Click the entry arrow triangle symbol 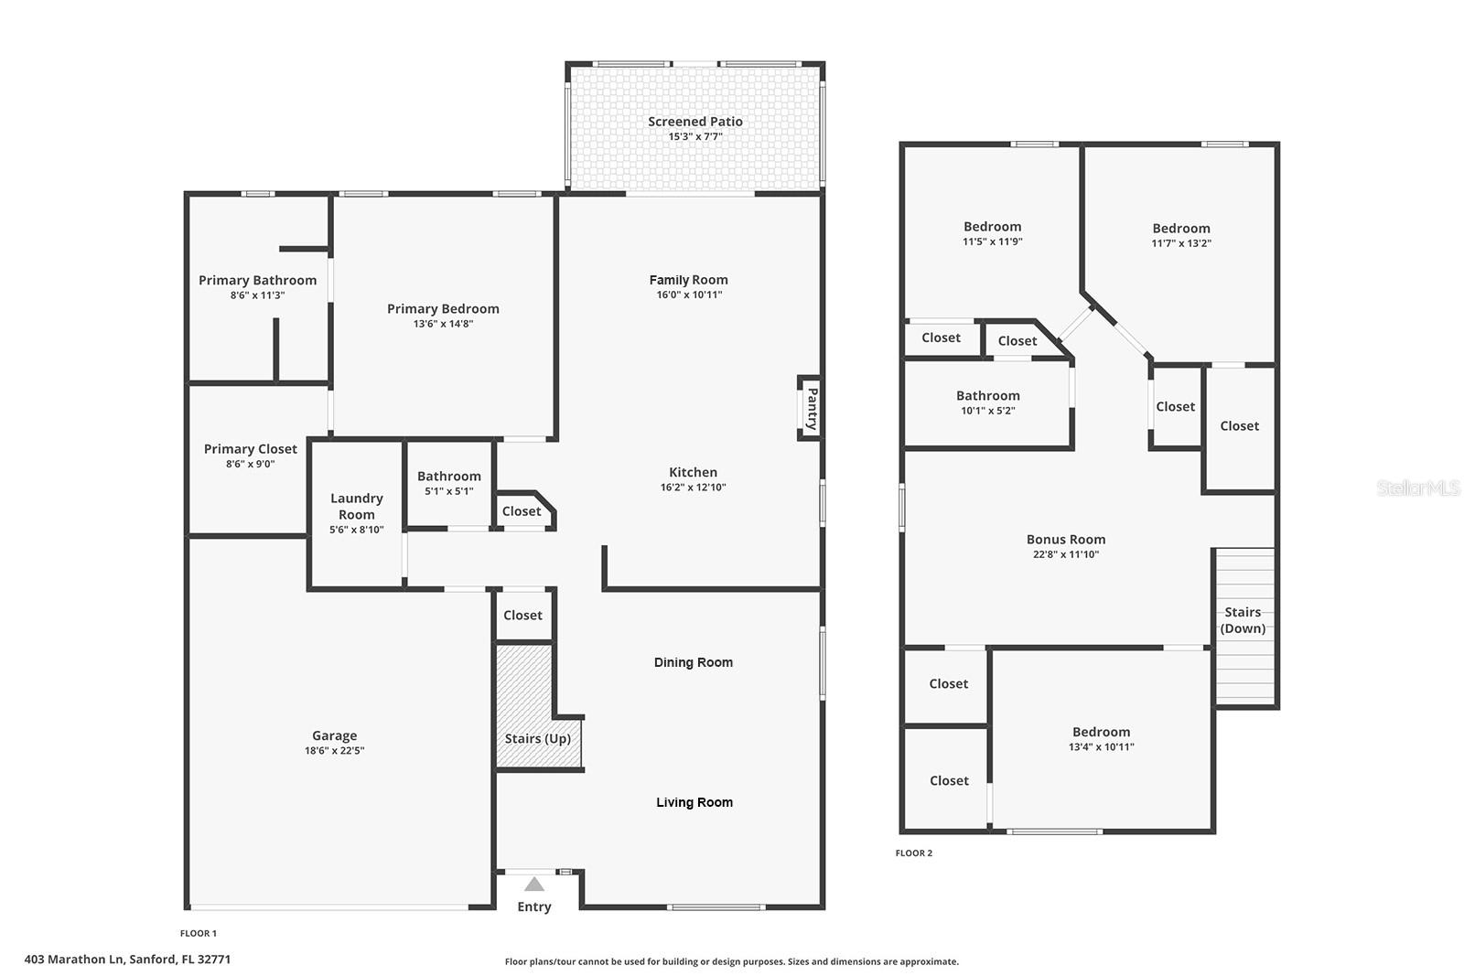tap(534, 884)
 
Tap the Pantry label tap(811, 409)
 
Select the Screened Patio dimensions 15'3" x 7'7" tap(695, 137)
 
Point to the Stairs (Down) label tap(1243, 620)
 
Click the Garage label tap(334, 735)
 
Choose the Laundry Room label tap(356, 506)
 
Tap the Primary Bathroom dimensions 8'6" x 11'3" tap(257, 295)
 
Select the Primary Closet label tap(250, 449)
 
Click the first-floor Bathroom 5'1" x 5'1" tap(448, 482)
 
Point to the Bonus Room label tap(1065, 540)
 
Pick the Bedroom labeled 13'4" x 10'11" tap(1101, 738)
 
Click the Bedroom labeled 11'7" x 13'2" tap(1180, 235)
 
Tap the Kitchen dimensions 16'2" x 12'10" tap(693, 488)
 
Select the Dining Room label tap(693, 662)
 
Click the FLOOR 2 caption tap(913, 853)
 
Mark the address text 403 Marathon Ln tap(127, 960)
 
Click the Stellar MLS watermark tap(1417, 488)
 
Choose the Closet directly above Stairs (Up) tap(522, 616)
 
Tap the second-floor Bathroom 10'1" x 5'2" tap(987, 402)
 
